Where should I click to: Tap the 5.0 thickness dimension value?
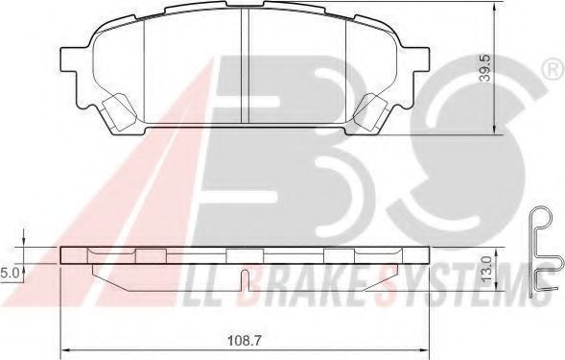click(x=12, y=273)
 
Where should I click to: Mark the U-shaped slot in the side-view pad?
click(x=246, y=282)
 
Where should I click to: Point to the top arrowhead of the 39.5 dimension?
click(x=494, y=6)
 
